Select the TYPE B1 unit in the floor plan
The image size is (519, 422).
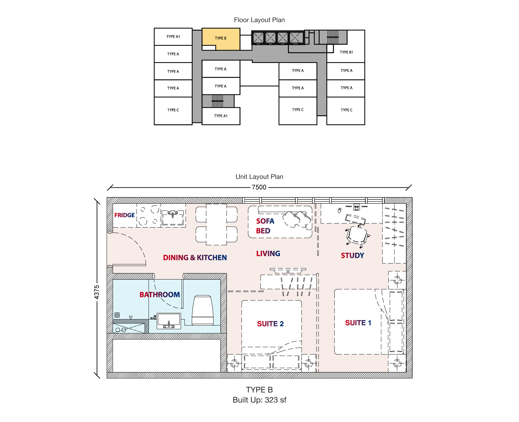point(346,52)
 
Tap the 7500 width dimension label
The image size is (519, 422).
point(259,187)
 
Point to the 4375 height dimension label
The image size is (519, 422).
point(97,292)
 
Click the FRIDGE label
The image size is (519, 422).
point(124,215)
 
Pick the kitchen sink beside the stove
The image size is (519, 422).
point(173,217)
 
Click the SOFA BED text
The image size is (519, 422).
point(265,226)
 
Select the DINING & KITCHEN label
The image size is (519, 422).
point(195,257)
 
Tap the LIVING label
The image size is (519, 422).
point(268,254)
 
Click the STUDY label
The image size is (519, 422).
point(352,255)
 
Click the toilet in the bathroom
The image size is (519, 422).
point(202,310)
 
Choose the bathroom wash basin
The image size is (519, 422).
point(169,321)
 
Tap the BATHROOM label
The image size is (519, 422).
point(160,294)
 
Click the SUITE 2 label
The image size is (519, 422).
point(270,324)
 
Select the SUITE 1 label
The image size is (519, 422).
point(358,323)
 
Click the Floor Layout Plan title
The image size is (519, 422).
point(259,20)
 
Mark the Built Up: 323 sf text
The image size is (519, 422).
point(259,400)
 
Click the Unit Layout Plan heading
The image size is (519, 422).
point(259,177)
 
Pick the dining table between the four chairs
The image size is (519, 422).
point(216,224)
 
